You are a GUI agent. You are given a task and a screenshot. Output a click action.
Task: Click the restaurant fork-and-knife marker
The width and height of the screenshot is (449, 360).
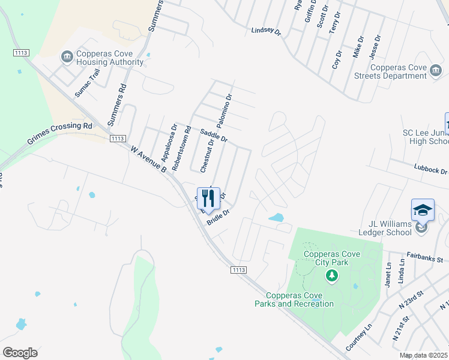208,197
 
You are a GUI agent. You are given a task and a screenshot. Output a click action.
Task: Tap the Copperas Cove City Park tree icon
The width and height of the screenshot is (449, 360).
331,275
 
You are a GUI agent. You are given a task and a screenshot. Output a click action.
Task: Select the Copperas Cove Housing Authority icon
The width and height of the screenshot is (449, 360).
66,57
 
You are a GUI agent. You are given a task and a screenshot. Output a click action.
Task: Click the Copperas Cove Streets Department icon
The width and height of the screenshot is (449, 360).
436,73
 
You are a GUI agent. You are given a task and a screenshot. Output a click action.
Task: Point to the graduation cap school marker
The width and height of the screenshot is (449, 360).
423,210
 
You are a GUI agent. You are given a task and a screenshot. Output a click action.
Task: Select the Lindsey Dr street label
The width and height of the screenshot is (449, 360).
266,31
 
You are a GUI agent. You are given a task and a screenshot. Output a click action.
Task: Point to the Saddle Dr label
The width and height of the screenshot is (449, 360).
214,136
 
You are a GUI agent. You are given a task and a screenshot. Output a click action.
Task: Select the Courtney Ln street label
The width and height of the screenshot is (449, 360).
359,338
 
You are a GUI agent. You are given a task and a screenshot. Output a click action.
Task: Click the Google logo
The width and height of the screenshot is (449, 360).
20,352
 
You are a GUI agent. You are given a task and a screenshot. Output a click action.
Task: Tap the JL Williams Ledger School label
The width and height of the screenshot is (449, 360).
384,228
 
